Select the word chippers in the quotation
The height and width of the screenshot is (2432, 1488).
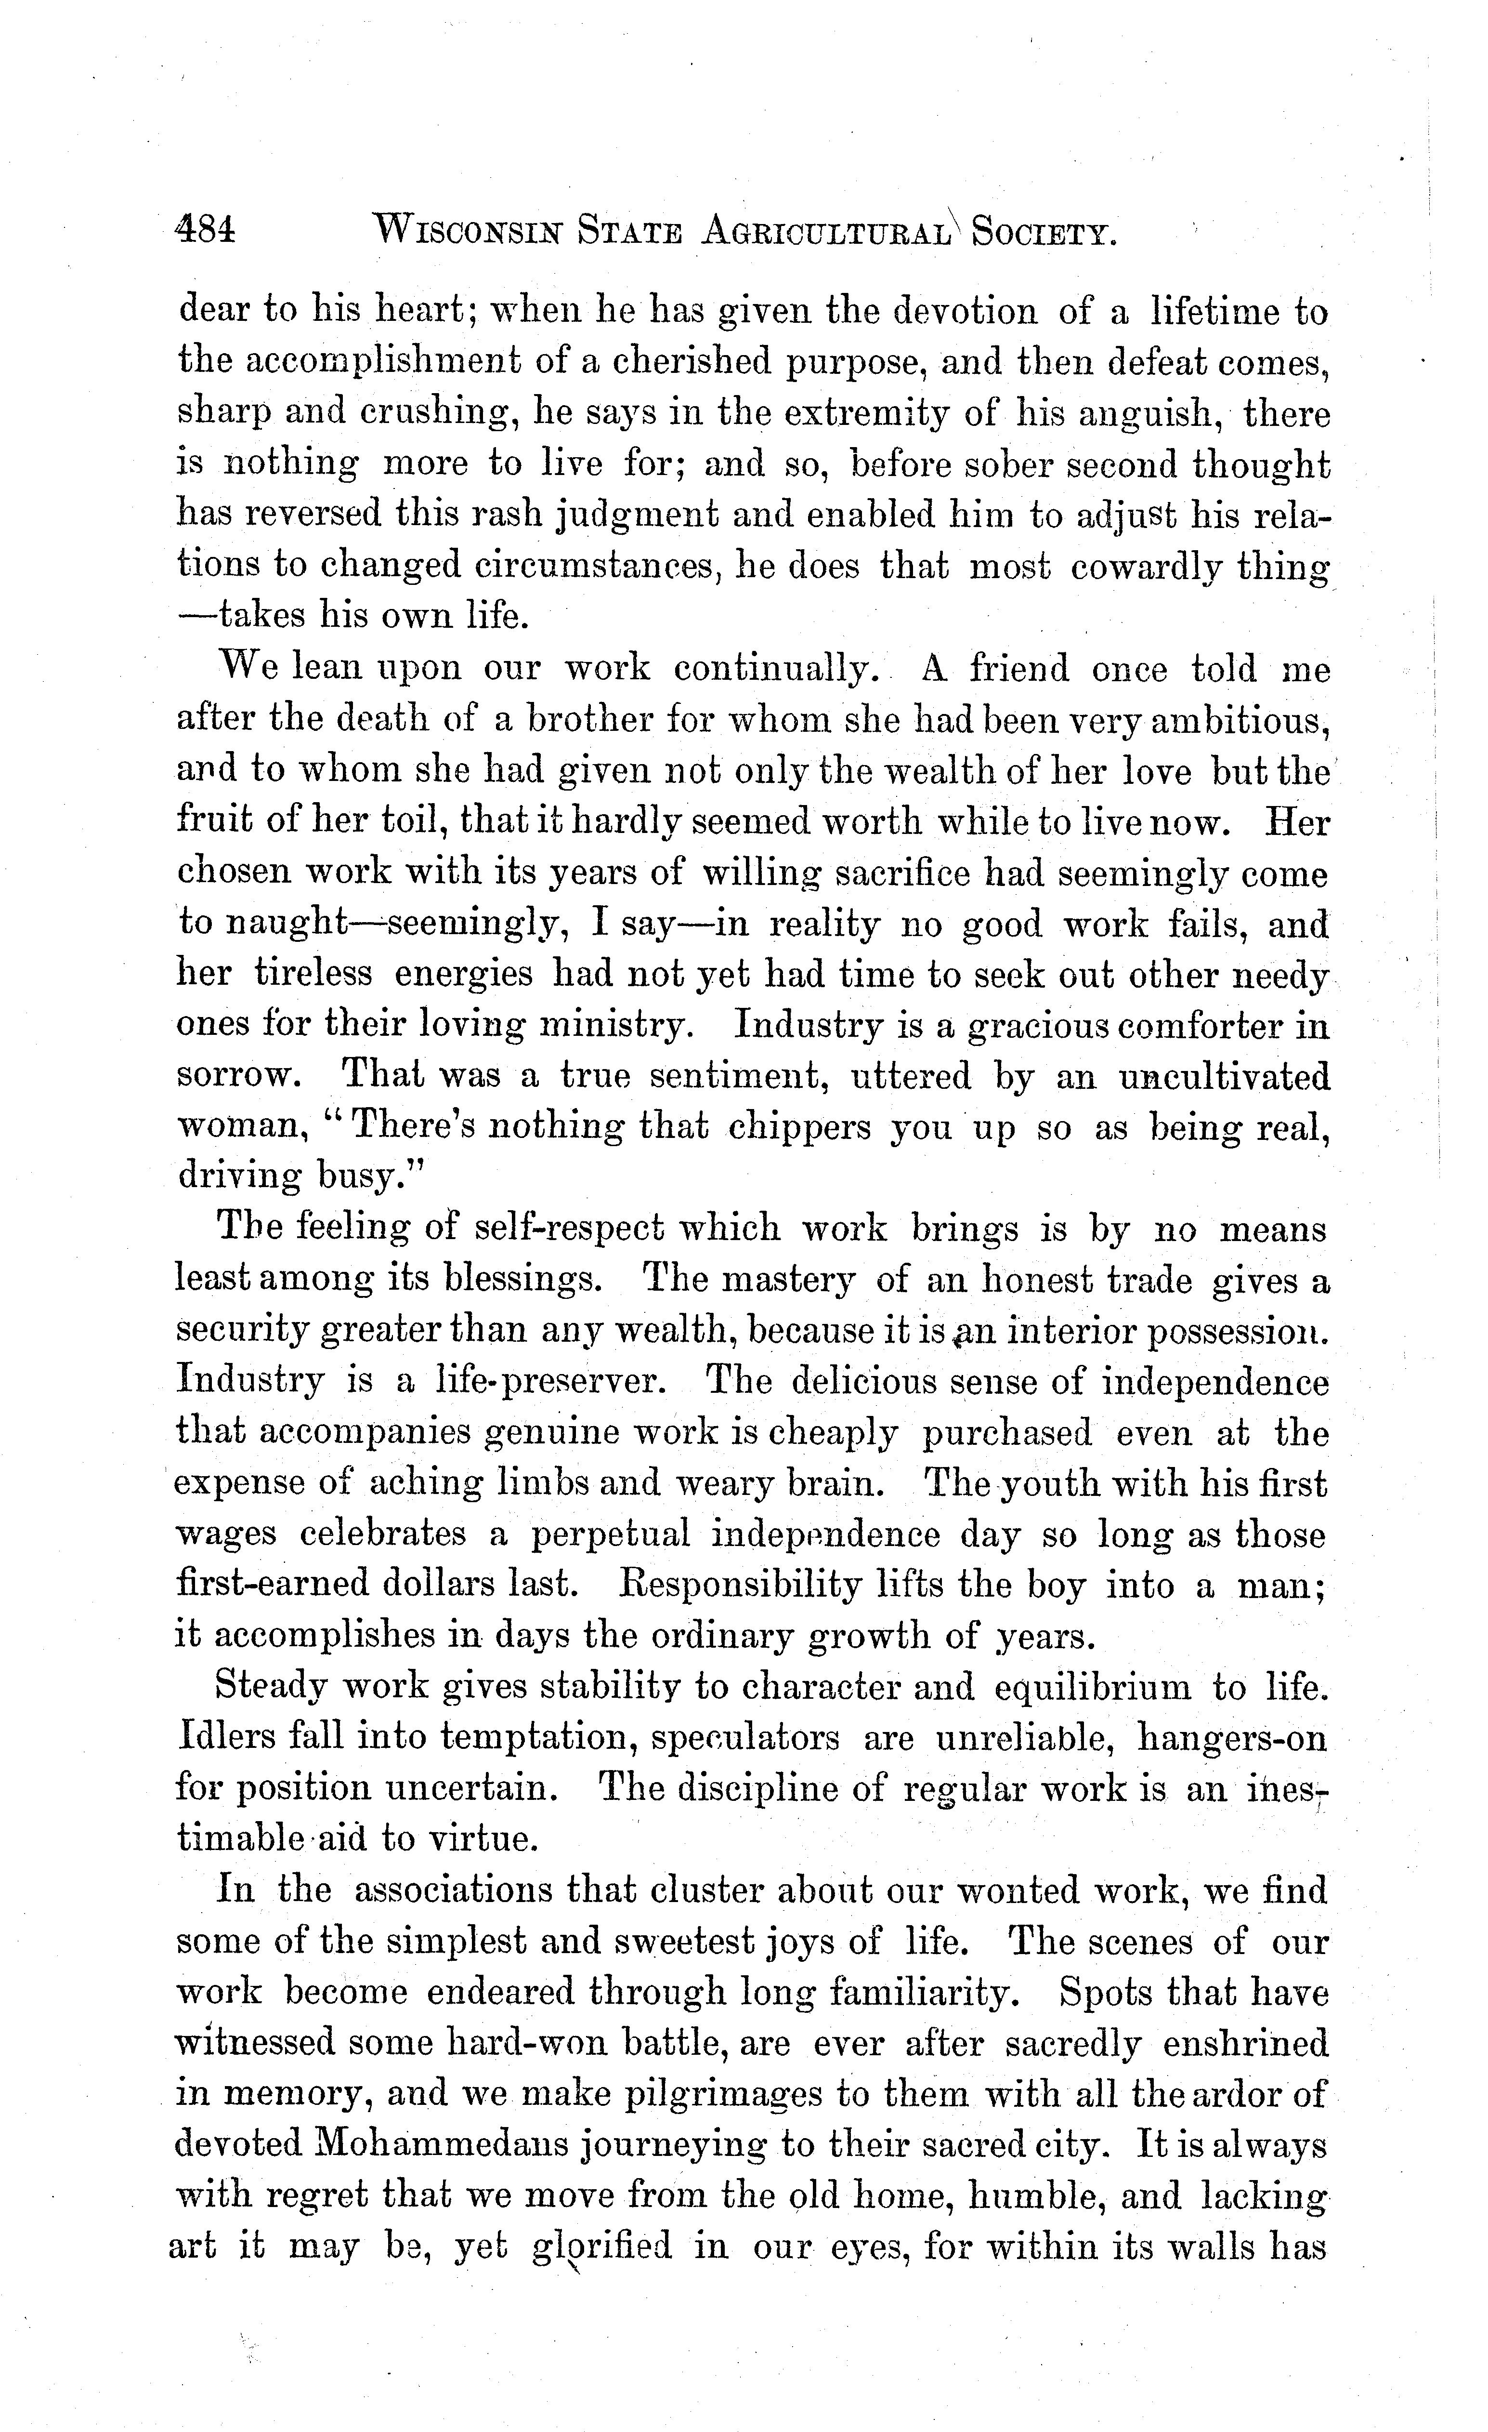click(x=799, y=1127)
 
